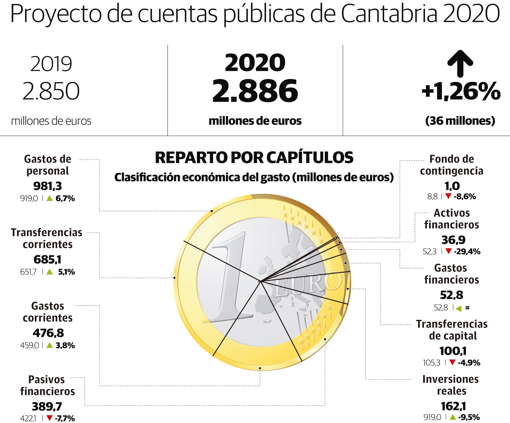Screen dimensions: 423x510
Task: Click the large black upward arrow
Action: pyautogui.click(x=460, y=64)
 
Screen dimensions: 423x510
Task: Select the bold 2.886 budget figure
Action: pyautogui.click(x=255, y=91)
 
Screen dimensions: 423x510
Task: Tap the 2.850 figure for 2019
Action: pyautogui.click(x=51, y=91)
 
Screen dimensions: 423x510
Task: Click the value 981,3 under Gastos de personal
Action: pyautogui.click(x=47, y=186)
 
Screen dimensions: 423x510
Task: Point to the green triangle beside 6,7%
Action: pyautogui.click(x=49, y=198)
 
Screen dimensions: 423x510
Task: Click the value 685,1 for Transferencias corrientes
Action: pyautogui.click(x=47, y=260)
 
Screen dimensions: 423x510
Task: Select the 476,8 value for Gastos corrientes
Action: pyautogui.click(x=48, y=333)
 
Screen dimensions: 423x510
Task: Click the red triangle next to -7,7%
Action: pyautogui.click(x=49, y=418)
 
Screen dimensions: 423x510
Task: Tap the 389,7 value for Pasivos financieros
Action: pyautogui.click(x=47, y=407)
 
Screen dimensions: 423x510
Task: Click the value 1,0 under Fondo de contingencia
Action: pyautogui.click(x=452, y=186)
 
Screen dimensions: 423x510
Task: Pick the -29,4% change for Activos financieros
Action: pyautogui.click(x=467, y=252)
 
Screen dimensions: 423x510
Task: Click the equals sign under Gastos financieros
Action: pyautogui.click(x=467, y=308)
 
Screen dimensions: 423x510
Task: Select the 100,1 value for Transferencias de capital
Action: pyautogui.click(x=453, y=351)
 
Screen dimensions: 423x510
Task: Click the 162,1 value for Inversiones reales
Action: pyautogui.click(x=453, y=406)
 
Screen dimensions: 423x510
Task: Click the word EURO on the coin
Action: pyautogui.click(x=308, y=284)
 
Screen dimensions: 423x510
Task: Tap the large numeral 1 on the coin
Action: pyautogui.click(x=230, y=279)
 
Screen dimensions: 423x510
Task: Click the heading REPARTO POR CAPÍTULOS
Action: pyautogui.click(x=254, y=158)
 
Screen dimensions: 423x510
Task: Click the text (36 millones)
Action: pyautogui.click(x=460, y=121)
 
